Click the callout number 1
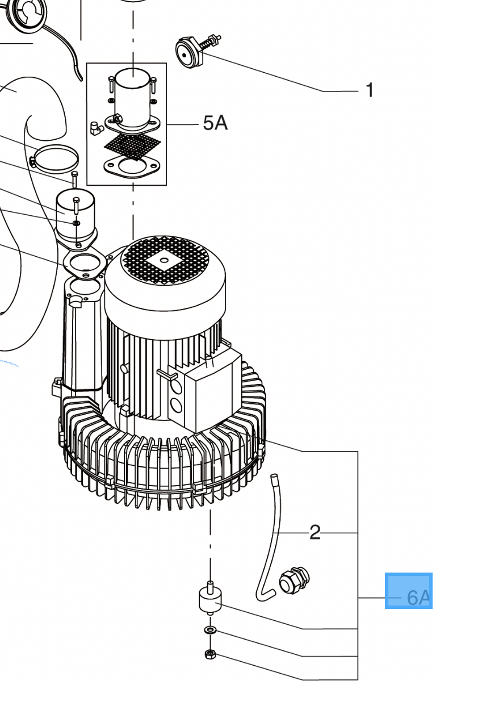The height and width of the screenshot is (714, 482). (370, 90)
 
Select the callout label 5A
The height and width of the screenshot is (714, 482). (215, 123)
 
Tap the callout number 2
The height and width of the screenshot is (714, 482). (315, 532)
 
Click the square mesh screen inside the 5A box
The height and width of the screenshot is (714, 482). (132, 145)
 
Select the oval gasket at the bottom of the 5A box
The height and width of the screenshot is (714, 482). (131, 166)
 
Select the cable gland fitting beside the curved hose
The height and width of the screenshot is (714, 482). (294, 581)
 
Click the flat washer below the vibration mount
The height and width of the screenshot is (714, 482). (210, 629)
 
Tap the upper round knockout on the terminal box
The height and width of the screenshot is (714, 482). (176, 387)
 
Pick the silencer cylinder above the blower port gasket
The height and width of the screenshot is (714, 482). (76, 217)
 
